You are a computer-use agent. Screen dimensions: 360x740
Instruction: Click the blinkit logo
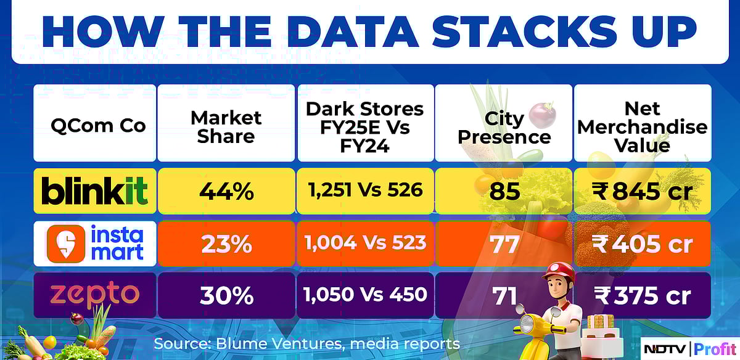pos(94,191)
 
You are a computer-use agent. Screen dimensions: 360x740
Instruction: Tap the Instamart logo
pos(94,243)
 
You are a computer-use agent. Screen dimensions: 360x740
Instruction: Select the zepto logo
pos(94,295)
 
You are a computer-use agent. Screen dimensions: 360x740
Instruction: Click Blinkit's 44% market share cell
pos(226,191)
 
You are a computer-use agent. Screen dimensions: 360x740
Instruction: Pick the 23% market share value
pos(226,244)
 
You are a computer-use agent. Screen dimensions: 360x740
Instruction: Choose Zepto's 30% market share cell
pos(226,296)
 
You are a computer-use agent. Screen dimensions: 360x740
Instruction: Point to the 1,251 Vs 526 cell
pos(365,190)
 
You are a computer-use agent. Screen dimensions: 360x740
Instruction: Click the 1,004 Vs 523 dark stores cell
pos(365,243)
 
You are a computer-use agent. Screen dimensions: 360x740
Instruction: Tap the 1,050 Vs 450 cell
pos(365,295)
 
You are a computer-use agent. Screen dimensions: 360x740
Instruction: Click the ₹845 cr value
pos(642,192)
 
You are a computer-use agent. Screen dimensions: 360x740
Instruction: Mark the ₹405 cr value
pos(642,244)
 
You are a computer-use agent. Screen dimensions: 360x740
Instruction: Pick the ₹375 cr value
pos(642,296)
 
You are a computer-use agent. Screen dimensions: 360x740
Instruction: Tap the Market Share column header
pos(226,126)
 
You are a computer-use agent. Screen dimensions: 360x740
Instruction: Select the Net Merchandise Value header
pos(642,127)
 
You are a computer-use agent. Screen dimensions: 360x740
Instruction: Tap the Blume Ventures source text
pos(306,343)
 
